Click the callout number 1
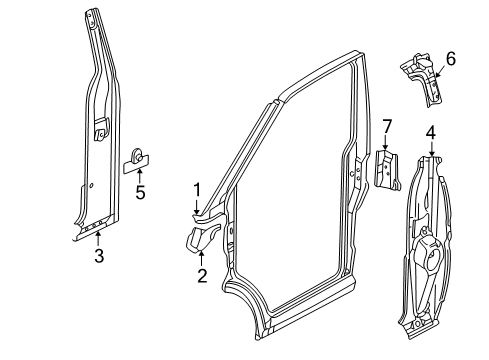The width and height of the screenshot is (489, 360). (x=197, y=190)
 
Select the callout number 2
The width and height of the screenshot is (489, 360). (x=202, y=276)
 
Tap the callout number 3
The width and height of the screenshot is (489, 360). (x=99, y=256)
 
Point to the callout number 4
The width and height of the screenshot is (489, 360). (x=431, y=133)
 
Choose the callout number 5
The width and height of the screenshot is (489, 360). (x=140, y=192)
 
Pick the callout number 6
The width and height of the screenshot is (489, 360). (x=450, y=59)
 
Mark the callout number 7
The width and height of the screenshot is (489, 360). (x=386, y=127)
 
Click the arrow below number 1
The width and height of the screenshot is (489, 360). (x=197, y=207)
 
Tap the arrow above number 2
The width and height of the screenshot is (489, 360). (x=201, y=259)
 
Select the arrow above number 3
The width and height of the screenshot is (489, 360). (x=98, y=240)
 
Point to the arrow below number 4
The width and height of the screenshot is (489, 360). (x=432, y=149)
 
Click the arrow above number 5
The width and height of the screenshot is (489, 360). (x=140, y=176)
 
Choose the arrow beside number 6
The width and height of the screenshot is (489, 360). (x=440, y=71)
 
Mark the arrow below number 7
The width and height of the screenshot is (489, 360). (x=385, y=142)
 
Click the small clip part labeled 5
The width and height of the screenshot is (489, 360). (x=136, y=161)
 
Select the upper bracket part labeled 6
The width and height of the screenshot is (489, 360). (x=422, y=79)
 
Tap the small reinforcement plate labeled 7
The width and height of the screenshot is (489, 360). (x=387, y=170)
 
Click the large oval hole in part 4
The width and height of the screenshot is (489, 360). (x=432, y=259)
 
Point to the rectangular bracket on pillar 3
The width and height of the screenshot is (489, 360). (x=100, y=128)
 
